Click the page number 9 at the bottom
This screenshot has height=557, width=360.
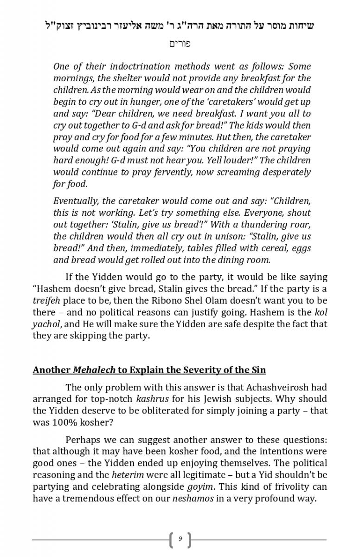coord(180,539)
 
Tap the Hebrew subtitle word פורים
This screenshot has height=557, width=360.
coord(180,44)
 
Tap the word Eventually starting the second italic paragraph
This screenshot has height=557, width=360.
coord(75,201)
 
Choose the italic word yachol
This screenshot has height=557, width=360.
coord(46,324)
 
